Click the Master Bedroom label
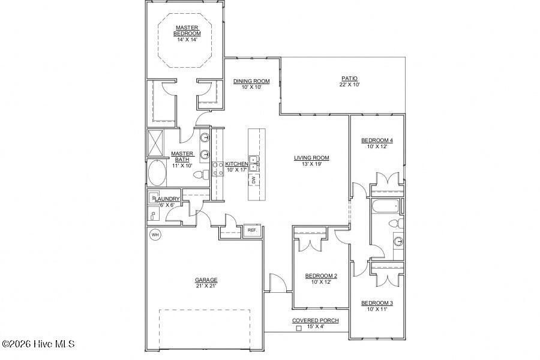pos(187,31)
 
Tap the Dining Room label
pos(251,82)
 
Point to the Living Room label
pos(311,158)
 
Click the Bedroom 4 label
pos(377,141)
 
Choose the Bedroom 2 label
pos(321,276)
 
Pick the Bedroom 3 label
pos(377,303)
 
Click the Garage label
pos(206,280)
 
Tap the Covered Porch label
pos(315,321)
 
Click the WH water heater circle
pos(155,234)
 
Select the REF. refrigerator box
pos(252,230)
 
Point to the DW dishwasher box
pos(254,179)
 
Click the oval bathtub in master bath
pos(158,173)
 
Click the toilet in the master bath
pos(205,175)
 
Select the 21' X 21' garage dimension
pos(206,286)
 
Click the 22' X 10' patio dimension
pos(349,85)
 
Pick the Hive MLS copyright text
pos(38,344)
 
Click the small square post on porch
pos(299,328)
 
